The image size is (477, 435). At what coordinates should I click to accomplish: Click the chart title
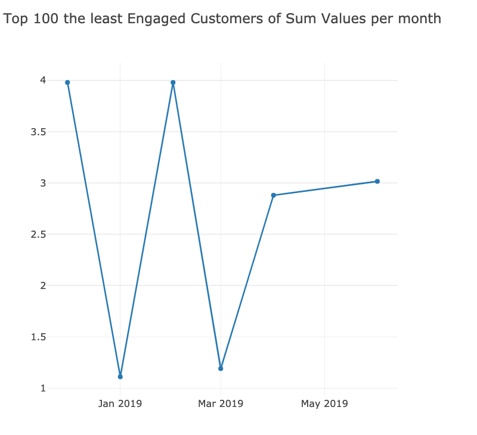222,19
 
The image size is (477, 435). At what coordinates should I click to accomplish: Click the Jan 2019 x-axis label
120,404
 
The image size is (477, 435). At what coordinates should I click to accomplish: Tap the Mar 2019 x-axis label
221,404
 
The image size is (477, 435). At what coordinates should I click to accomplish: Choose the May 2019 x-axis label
324,404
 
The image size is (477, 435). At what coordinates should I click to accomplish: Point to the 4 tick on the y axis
43,80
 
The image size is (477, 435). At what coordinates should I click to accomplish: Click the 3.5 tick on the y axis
39,132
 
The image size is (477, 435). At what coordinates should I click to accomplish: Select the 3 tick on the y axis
43,183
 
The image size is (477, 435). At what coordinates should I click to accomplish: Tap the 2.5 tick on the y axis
39,234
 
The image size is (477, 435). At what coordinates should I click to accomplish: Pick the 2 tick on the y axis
43,285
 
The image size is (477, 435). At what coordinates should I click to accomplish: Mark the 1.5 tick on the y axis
39,337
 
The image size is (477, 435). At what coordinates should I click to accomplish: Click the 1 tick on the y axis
43,389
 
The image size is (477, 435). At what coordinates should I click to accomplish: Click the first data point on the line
67,82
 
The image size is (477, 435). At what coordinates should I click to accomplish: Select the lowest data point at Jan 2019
120,377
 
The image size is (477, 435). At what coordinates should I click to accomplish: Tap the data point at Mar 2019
221,368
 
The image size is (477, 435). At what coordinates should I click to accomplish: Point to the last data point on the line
377,181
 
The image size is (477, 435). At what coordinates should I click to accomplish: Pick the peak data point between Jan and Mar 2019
173,82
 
